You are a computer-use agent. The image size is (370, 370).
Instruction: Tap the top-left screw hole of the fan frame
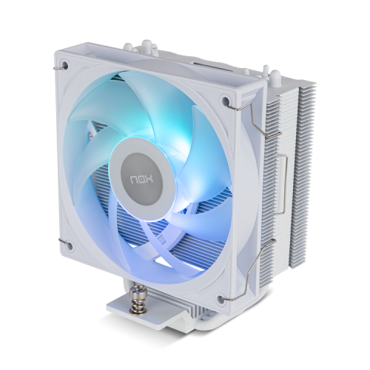[66, 64]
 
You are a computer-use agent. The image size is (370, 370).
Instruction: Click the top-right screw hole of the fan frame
[225, 100]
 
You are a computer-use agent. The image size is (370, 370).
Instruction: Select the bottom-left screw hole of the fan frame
[70, 246]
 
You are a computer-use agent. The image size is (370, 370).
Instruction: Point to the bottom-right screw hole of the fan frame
[221, 299]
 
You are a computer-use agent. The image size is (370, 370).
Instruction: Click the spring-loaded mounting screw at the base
[136, 304]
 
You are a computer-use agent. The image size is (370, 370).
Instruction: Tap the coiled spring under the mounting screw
[136, 310]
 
